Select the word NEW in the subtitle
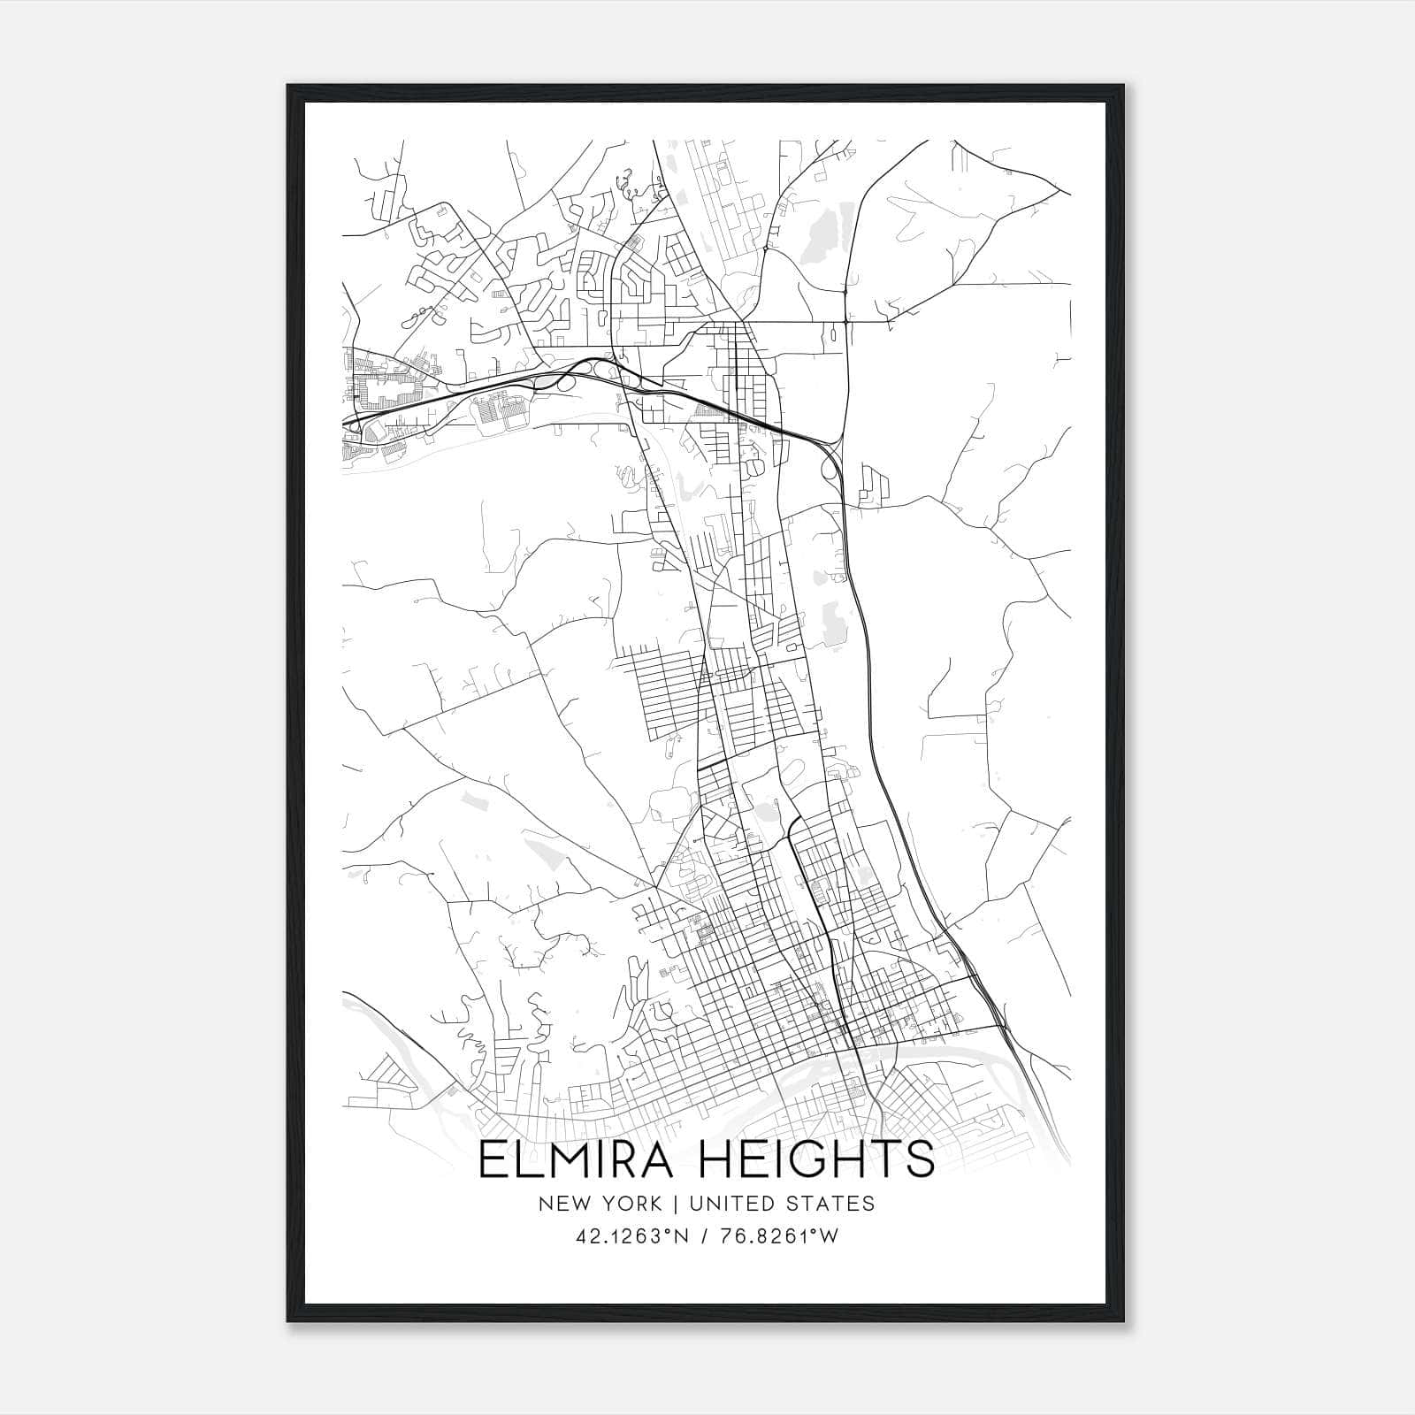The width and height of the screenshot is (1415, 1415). (560, 1205)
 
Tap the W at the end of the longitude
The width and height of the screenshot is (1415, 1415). (830, 1237)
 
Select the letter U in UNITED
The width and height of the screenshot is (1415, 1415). (694, 1205)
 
